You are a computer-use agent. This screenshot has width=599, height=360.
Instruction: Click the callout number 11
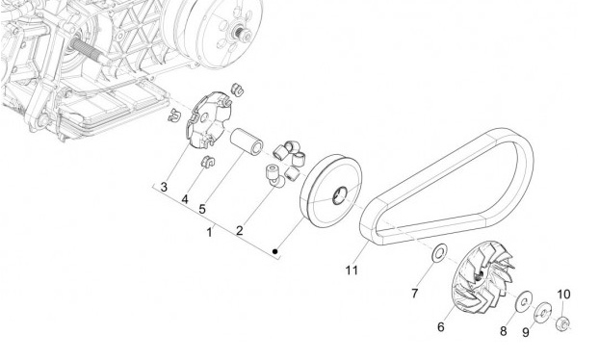coord(352,270)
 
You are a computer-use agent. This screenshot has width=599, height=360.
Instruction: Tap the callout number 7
coord(415,294)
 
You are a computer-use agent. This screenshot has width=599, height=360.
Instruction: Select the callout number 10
coord(564,295)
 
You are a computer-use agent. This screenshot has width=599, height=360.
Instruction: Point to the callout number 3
coord(164,187)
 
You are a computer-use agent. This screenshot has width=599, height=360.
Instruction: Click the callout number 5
coord(202,209)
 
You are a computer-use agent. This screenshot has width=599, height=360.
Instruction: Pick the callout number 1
coord(209,232)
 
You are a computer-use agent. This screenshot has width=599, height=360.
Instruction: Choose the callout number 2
coord(240,231)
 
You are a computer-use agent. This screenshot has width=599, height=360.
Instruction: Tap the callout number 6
coord(441,327)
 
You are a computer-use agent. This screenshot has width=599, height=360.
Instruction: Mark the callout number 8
coord(504,331)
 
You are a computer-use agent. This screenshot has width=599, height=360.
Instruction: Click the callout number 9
coord(526,332)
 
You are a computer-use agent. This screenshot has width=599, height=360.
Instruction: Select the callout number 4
coord(185,199)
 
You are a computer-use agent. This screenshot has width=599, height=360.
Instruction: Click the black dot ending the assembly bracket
coord(275,251)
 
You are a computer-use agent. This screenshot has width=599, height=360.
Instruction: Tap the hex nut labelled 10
coord(563,324)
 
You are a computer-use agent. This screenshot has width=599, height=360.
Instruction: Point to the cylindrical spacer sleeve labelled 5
coord(247,141)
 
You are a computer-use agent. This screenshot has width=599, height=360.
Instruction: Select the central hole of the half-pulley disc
coord(339,195)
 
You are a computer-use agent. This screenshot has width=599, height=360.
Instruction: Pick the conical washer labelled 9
coord(542,313)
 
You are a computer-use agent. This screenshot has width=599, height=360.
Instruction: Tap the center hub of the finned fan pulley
coord(479,274)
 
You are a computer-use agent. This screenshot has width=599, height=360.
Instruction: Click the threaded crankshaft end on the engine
coord(88,50)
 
